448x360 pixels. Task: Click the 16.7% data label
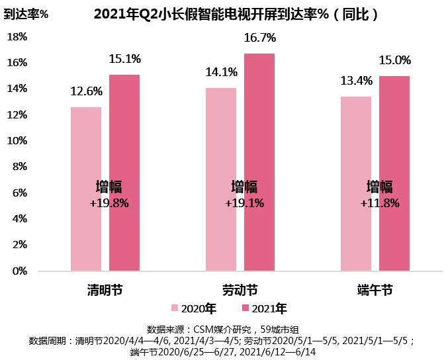click(259, 38)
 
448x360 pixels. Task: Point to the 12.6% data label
click(87, 91)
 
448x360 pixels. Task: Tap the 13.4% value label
click(356, 81)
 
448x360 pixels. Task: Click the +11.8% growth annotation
click(380, 203)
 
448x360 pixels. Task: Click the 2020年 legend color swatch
click(175, 308)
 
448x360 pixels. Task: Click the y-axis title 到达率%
click(26, 14)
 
